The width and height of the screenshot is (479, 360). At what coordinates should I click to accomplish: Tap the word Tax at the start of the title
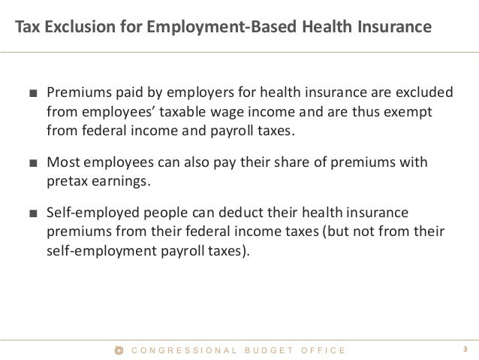[x=25, y=28]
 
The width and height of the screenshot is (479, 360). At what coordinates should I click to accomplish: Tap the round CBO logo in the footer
[x=118, y=349]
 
